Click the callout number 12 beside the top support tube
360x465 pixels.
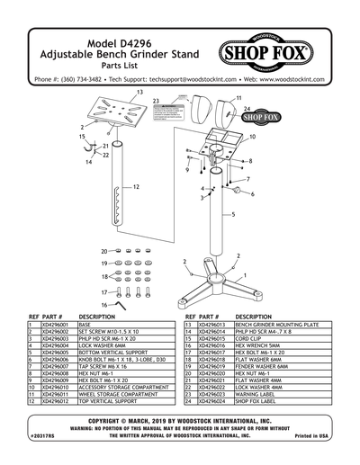[136, 187]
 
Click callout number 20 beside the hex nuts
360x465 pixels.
[104, 251]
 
